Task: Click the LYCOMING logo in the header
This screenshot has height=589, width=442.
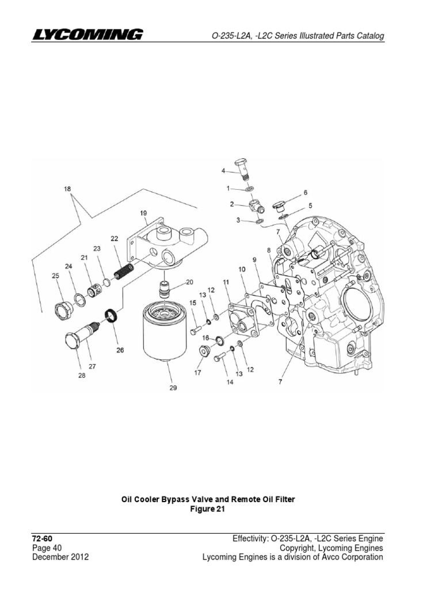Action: click(x=87, y=35)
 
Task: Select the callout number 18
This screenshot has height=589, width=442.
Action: click(x=68, y=188)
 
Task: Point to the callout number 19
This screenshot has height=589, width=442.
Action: click(x=143, y=213)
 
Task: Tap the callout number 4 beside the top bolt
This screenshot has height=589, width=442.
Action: click(x=224, y=170)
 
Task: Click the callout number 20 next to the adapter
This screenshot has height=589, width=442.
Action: click(x=190, y=282)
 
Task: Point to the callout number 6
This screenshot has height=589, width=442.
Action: click(x=305, y=193)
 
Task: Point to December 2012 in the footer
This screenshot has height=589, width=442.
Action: click(x=60, y=557)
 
